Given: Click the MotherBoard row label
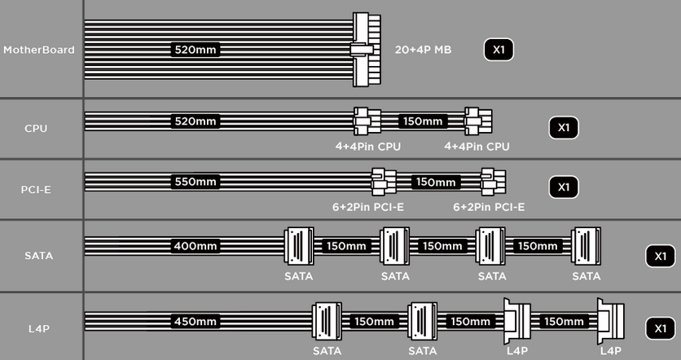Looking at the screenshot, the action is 38,50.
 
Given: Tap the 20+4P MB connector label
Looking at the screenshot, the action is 423,50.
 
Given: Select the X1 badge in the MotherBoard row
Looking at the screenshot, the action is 499,50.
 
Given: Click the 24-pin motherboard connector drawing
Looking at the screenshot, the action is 366,50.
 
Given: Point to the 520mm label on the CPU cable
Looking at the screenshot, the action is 196,121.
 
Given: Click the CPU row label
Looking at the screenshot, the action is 36,129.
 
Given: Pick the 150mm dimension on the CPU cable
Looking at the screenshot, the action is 423,121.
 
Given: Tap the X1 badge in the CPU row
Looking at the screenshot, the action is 564,128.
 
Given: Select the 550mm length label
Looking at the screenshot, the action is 196,182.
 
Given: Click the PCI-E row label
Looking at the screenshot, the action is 36,190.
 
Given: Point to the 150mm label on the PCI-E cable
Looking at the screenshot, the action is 436,182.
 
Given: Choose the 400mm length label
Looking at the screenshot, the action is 196,246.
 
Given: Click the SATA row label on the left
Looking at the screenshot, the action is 38,256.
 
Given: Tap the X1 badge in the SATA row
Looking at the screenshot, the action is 660,257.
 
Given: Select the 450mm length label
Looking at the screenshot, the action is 196,322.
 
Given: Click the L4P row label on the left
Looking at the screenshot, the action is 38,329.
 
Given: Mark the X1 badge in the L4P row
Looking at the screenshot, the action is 660,329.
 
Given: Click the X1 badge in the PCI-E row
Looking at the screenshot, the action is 564,187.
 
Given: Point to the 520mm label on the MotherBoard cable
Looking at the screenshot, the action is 196,50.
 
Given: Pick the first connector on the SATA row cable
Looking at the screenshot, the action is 299,246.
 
